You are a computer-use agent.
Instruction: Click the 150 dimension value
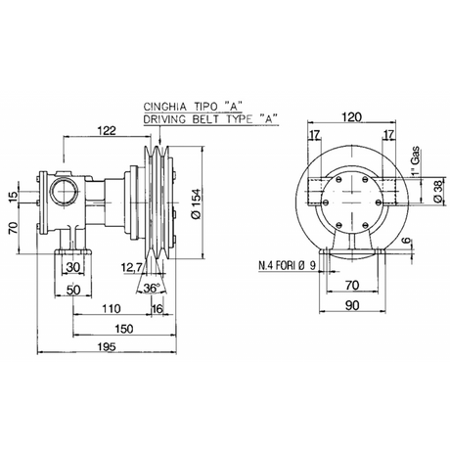123,328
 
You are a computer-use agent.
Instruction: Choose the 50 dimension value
74,289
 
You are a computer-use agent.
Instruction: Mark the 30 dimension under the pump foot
73,266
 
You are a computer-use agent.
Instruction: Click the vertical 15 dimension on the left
14,197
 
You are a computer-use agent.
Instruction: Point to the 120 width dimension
341,114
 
